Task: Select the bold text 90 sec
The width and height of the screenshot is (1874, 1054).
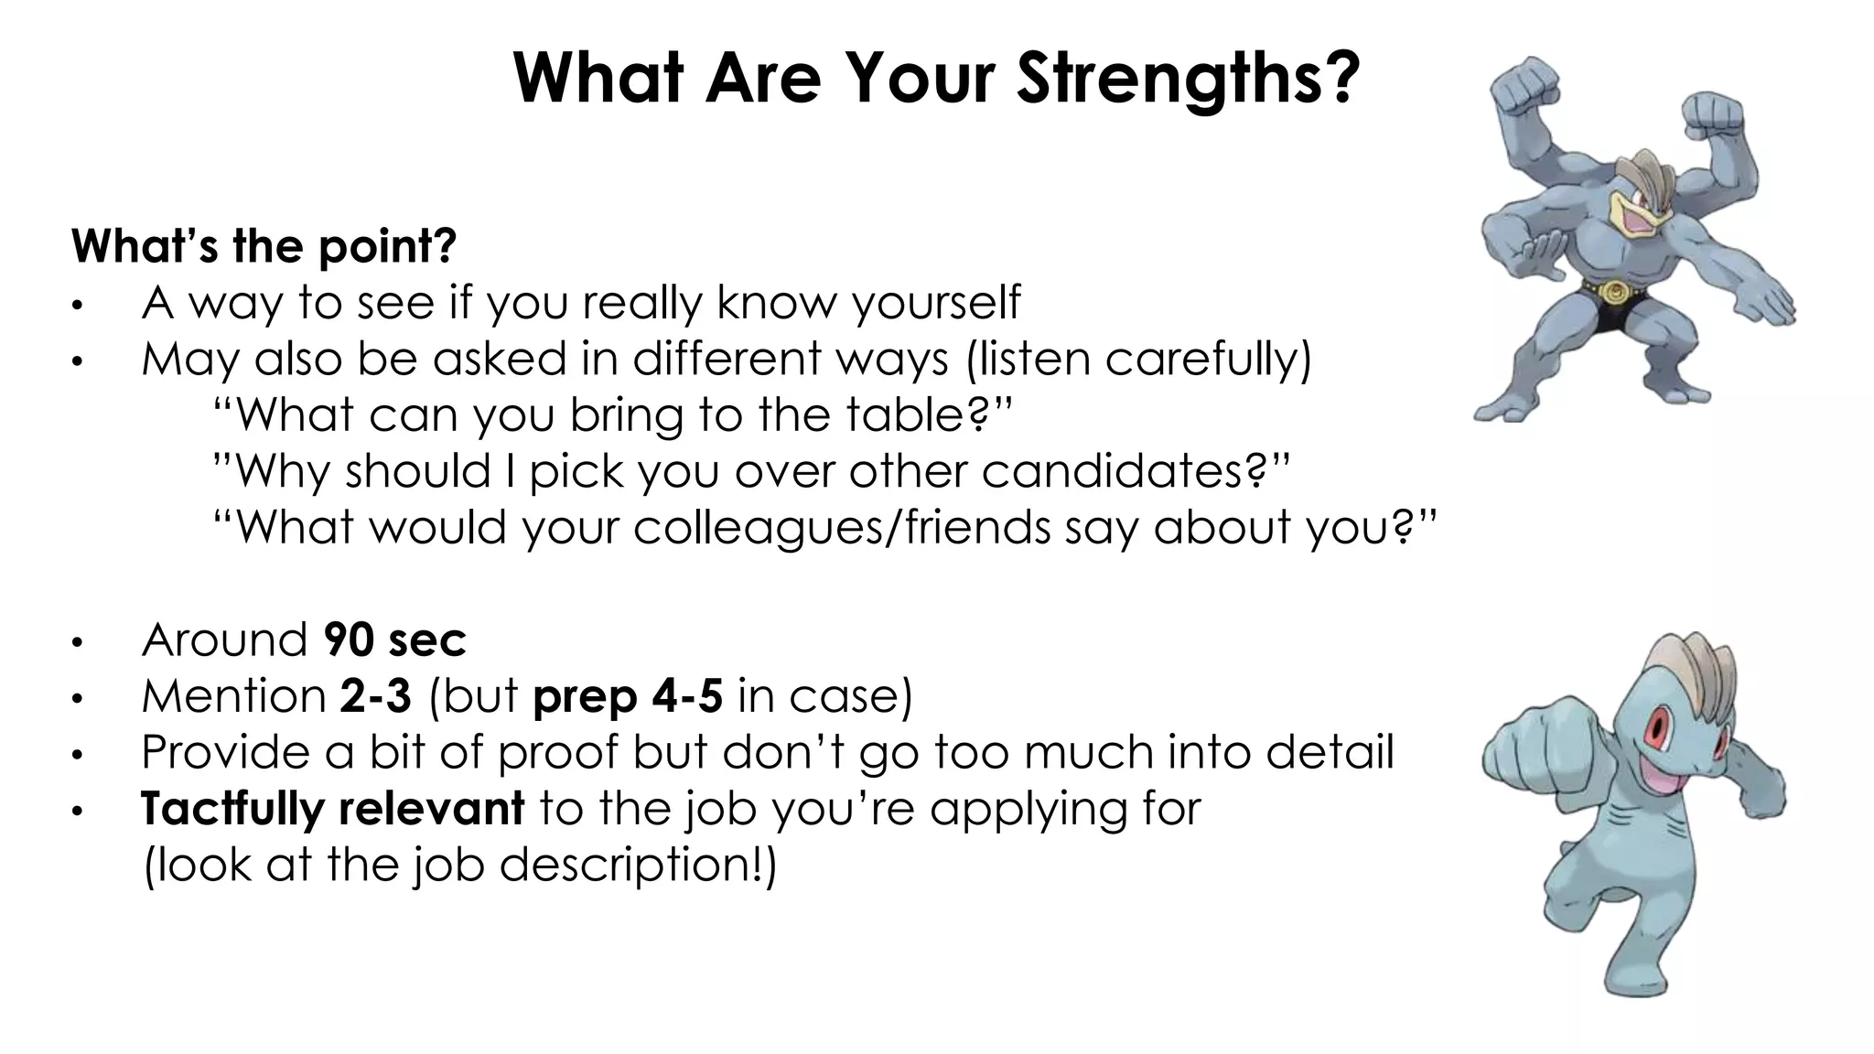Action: click(x=394, y=640)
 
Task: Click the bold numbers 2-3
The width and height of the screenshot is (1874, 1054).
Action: click(x=375, y=696)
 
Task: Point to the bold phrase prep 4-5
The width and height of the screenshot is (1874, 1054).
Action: click(x=628, y=697)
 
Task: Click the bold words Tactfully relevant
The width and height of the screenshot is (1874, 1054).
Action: click(x=332, y=809)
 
